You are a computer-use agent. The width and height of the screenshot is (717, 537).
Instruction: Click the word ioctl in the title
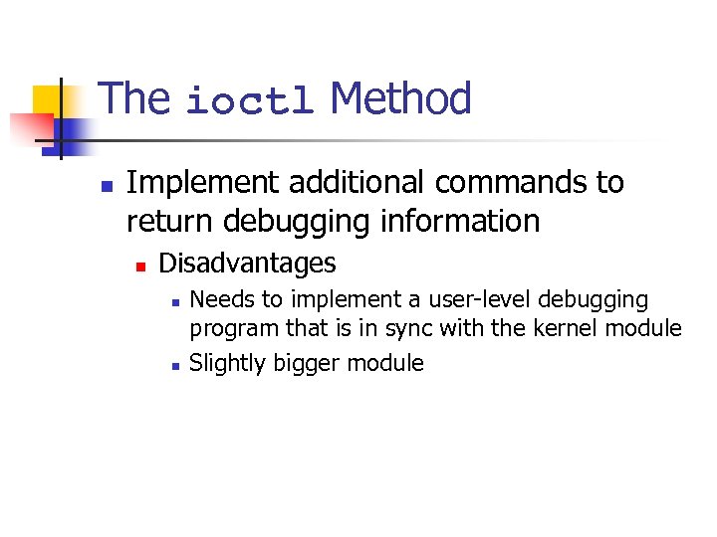(250, 100)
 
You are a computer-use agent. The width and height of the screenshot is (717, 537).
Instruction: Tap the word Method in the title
(400, 98)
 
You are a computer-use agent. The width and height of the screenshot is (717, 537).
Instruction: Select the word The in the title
(135, 98)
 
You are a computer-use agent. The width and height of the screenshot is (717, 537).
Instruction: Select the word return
(171, 221)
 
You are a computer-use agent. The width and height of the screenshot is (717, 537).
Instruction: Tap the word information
(465, 221)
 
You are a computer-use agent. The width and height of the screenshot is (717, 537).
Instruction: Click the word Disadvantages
(247, 264)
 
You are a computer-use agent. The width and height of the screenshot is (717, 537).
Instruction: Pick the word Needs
(220, 299)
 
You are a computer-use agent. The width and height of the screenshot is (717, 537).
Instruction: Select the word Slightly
(224, 363)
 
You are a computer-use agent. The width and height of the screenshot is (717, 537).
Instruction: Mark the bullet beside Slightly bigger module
(174, 365)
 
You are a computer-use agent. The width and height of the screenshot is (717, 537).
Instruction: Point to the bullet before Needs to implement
(174, 301)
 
